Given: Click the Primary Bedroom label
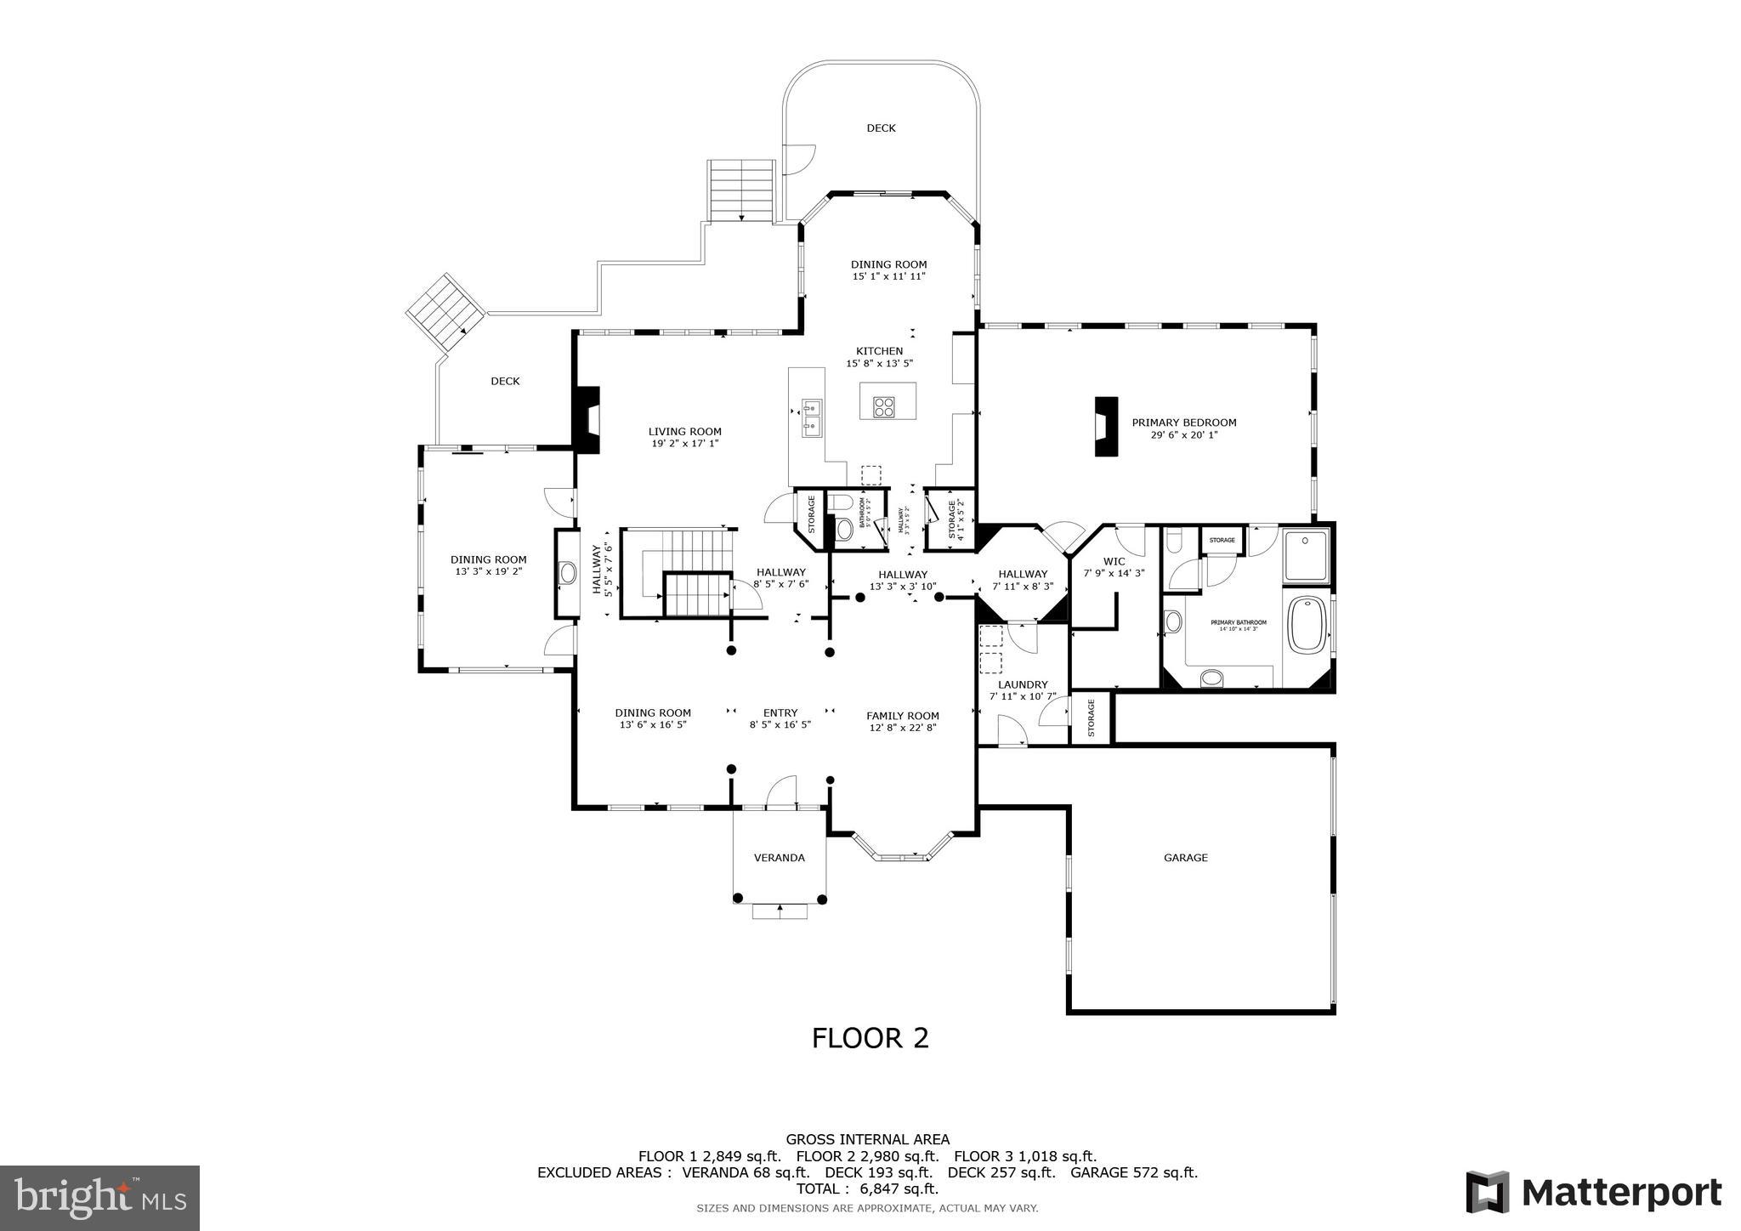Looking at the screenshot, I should (x=1183, y=423).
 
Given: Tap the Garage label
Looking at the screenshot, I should (x=1185, y=858).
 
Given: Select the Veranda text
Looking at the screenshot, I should (x=779, y=858).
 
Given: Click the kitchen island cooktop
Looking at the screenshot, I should (x=884, y=406).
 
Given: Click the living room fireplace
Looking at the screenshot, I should (x=587, y=419).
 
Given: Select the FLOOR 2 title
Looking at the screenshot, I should (x=870, y=1038).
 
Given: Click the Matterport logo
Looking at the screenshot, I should (x=1593, y=1193).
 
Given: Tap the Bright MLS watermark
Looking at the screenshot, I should (x=100, y=1198).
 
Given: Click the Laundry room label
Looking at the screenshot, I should (x=1023, y=684).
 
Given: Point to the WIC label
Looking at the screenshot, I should (x=1114, y=561).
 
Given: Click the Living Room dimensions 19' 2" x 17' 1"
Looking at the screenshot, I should (x=684, y=444).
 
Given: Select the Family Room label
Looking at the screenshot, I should (x=902, y=716).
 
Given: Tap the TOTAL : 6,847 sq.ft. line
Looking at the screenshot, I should (x=867, y=1188).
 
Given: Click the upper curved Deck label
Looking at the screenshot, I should (x=881, y=128).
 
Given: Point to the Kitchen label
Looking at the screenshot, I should (x=879, y=351).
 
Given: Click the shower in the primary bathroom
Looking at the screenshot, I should (x=1306, y=555).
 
